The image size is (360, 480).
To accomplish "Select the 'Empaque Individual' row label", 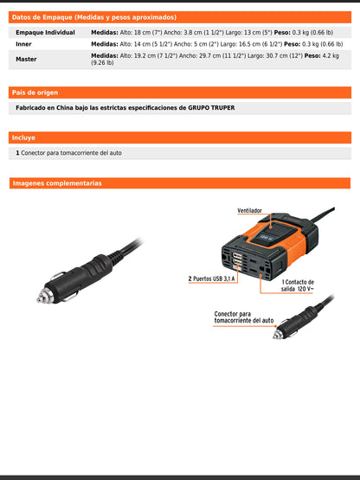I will pyautogui.click(x=45, y=31).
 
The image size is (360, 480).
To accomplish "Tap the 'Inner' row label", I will pyautogui.click(x=25, y=42).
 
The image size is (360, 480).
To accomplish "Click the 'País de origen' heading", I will pyautogui.click(x=35, y=92).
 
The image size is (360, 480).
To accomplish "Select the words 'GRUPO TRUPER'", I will pyautogui.click(x=211, y=108).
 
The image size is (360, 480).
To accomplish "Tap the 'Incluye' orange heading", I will pyautogui.click(x=24, y=138).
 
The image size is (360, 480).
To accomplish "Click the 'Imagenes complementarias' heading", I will pyautogui.click(x=57, y=183).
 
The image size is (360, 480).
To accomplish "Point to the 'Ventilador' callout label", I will pyautogui.click(x=250, y=210).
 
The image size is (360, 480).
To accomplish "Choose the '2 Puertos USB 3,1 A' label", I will pyautogui.click(x=212, y=279).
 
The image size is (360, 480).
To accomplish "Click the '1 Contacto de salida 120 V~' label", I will pyautogui.click(x=298, y=285).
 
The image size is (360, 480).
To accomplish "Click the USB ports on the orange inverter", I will pyautogui.click(x=237, y=260).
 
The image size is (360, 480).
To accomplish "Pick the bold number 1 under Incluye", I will pyautogui.click(x=17, y=152).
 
